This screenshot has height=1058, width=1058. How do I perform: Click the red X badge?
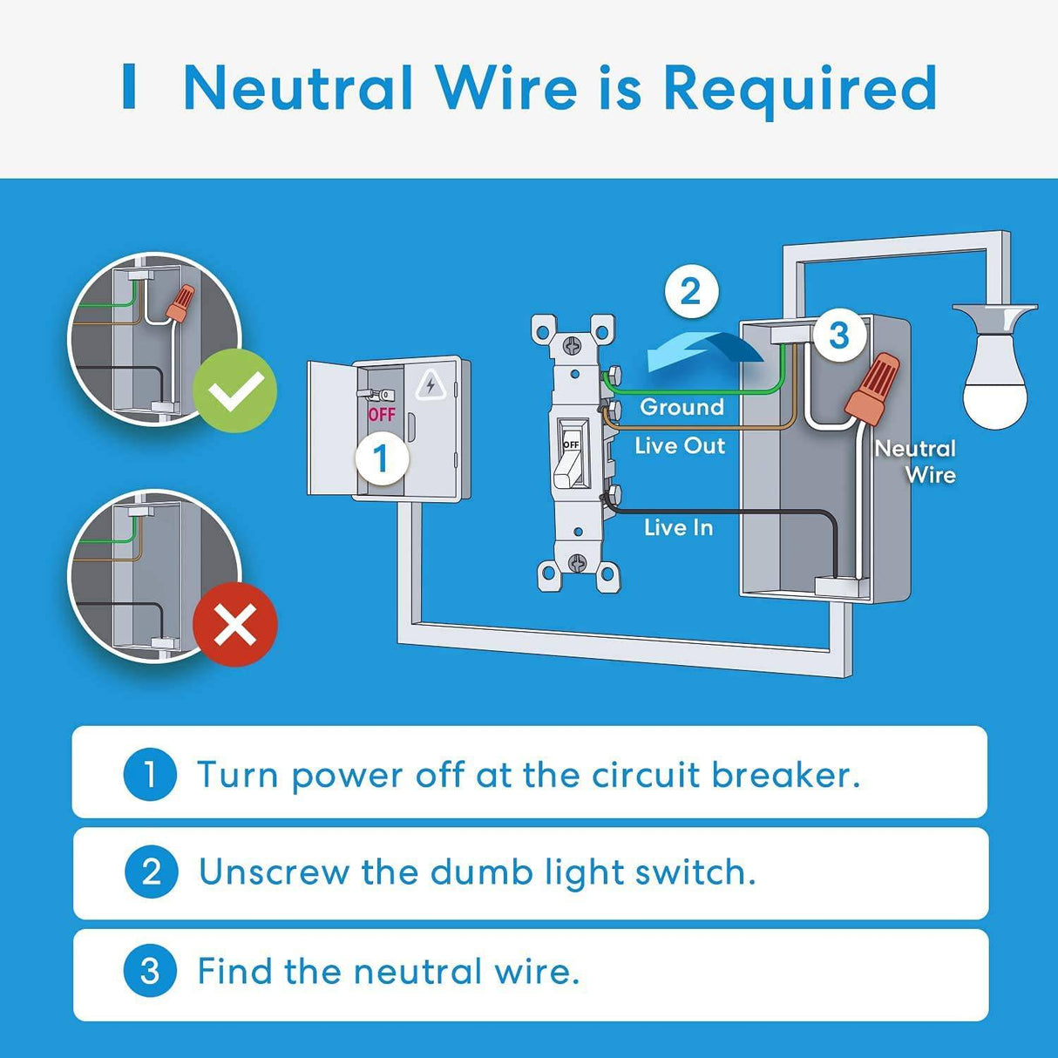coord(234,624)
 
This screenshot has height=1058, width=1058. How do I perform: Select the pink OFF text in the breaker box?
coord(382,415)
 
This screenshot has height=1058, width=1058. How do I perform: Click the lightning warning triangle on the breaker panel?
coord(431,385)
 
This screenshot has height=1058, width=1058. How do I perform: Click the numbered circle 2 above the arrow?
coord(690,291)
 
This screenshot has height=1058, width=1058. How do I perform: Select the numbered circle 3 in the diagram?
coord(838,335)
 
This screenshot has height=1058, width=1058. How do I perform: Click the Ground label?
coord(682,407)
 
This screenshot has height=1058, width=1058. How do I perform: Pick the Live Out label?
coord(680,445)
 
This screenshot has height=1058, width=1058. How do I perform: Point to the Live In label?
coord(678,527)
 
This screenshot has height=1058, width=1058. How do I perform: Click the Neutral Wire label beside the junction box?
coord(917,461)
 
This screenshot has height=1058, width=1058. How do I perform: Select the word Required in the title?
coord(800,89)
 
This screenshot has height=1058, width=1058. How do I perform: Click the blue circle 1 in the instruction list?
coord(150,774)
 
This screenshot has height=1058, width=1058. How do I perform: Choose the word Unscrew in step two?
coord(274,871)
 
